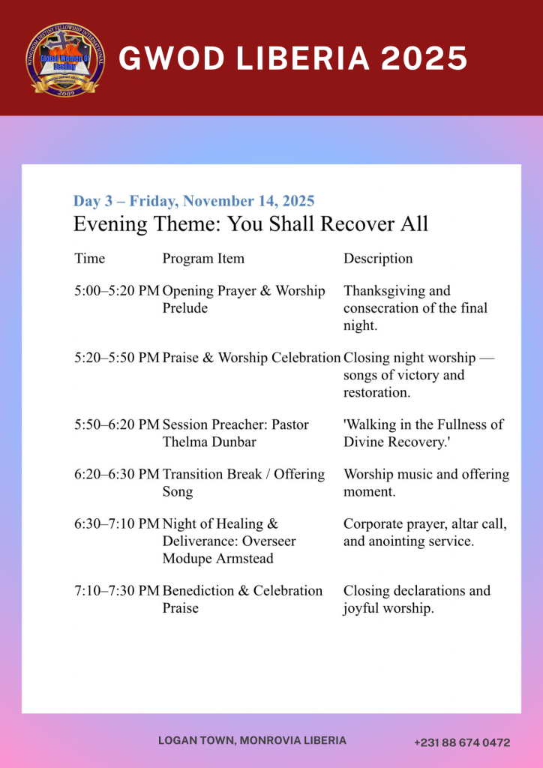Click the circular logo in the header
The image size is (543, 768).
[x=65, y=59]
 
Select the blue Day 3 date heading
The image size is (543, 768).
[x=193, y=201]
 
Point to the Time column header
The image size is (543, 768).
[x=90, y=259]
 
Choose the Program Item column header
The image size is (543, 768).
[x=203, y=259]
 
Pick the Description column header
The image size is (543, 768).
[x=378, y=259]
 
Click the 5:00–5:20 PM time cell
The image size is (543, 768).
[x=116, y=291]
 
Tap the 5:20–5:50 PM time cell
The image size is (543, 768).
[x=116, y=358]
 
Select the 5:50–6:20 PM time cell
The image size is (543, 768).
[x=116, y=424]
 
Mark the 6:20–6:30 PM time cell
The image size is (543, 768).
[x=116, y=474]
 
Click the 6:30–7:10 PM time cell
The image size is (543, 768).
[x=116, y=524]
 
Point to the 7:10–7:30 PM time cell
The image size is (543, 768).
[x=116, y=591]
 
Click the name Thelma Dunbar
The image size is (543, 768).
[x=209, y=442]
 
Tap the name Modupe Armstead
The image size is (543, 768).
[x=217, y=559]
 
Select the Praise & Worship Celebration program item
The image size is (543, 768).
[x=251, y=358]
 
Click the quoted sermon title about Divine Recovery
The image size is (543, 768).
[x=423, y=433]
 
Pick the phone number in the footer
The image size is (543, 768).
[x=462, y=742]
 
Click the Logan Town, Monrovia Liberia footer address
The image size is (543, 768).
[x=252, y=740]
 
